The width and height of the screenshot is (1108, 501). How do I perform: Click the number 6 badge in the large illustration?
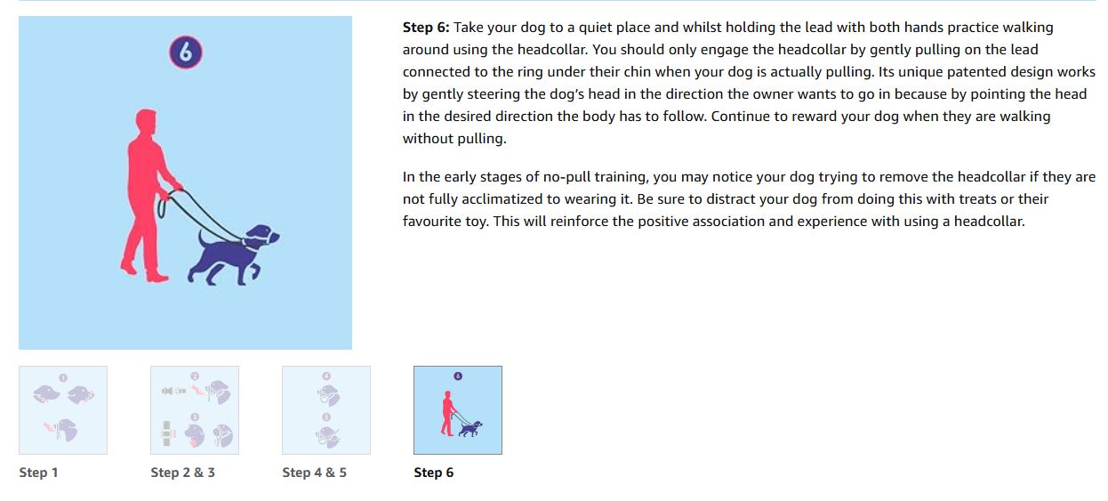pos(186,52)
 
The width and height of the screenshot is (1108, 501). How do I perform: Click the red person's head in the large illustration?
pos(146,122)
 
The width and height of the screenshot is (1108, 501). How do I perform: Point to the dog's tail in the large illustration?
pos(203,241)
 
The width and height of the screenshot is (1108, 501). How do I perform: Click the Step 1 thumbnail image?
pos(63,410)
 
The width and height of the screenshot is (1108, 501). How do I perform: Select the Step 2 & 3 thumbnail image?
pos(195,410)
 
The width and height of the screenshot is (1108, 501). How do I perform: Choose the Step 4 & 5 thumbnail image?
pos(326,410)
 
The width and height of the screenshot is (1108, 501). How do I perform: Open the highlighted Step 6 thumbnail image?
pos(458,410)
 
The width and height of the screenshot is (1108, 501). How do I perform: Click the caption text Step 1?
pos(38,473)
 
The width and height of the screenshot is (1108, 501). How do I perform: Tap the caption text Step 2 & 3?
pos(182,473)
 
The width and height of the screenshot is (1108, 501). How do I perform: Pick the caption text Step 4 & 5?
pos(314,473)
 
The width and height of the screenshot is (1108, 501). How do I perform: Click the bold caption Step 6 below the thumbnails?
pos(433,473)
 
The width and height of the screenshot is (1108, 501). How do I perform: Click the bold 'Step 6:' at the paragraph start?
pos(426,28)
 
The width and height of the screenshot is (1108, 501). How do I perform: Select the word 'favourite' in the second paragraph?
pos(432,221)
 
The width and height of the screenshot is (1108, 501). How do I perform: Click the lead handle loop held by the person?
pos(162,207)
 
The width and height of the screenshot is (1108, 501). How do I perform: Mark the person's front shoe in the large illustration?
pos(157,277)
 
